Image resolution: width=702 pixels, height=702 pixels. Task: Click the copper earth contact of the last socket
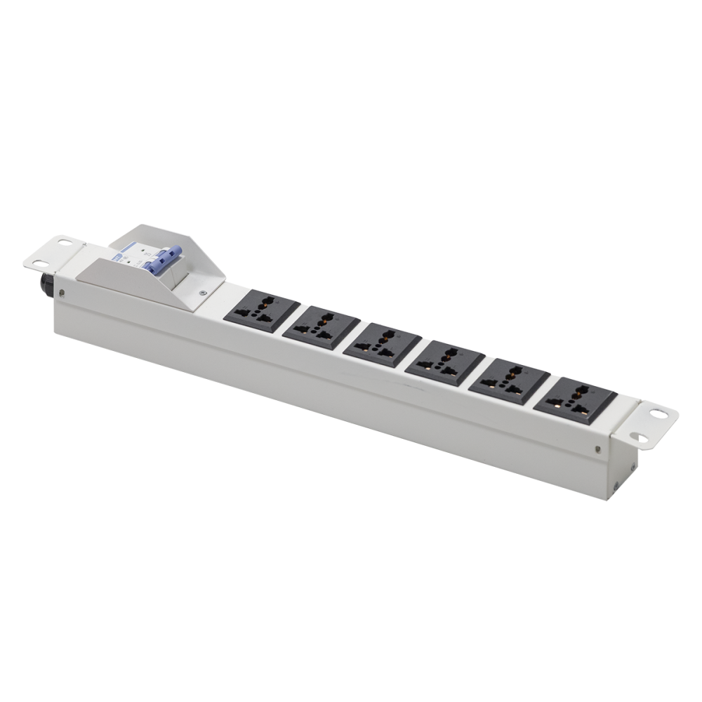click(x=557, y=406)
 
